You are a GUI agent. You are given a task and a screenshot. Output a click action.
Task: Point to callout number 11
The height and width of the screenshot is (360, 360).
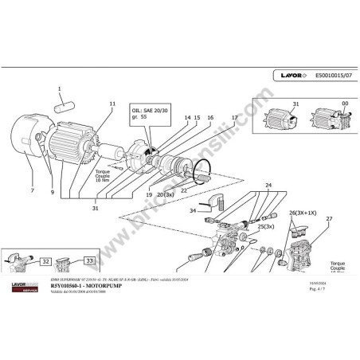pos(112,104)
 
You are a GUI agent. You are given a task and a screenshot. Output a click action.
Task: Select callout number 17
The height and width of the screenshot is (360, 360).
pos(234,118)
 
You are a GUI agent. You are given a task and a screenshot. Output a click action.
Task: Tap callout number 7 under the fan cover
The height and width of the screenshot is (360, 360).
pos(32,191)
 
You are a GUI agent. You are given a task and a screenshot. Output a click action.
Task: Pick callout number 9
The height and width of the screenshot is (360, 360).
pos(53,191)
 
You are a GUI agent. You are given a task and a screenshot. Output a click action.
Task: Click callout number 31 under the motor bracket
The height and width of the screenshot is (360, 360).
pos(117,209)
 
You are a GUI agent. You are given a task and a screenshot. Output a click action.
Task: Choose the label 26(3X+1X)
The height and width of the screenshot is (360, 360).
pos(303,213)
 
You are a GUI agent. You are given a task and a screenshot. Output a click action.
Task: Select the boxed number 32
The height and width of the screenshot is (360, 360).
pos(46,260)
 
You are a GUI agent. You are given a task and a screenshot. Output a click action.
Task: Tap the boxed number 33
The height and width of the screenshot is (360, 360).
pos(89,260)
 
